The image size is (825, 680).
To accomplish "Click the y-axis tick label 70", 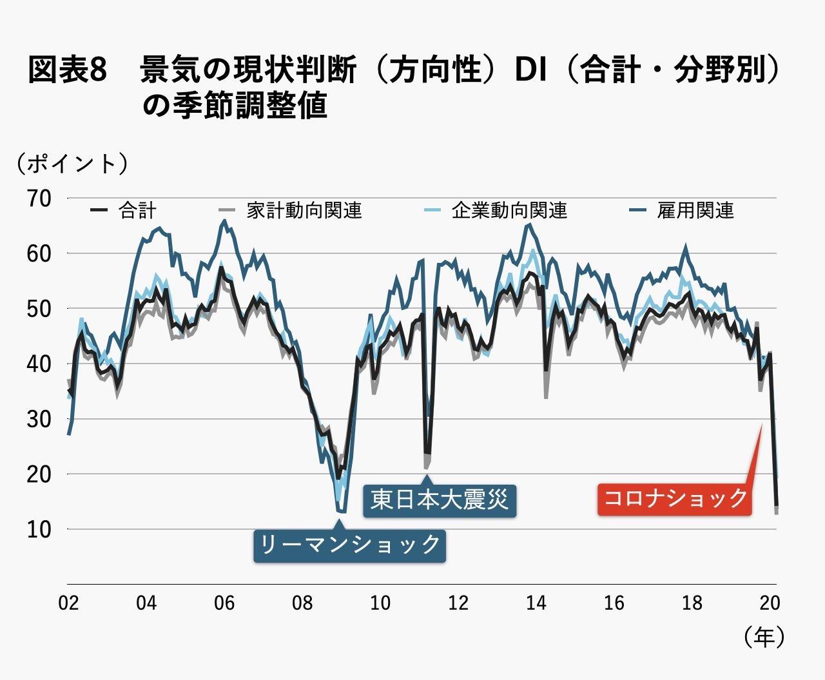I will click(x=39, y=198).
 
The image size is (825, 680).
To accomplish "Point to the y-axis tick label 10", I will click(x=39, y=529).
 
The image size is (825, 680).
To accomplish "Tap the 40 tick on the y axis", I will click(x=39, y=364).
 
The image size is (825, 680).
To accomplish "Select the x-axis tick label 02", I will click(x=68, y=603).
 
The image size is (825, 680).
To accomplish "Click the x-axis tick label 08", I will click(x=302, y=603).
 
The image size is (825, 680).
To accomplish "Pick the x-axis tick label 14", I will click(x=536, y=603).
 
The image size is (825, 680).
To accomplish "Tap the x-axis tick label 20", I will click(x=770, y=603).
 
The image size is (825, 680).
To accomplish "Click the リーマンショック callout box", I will click(x=349, y=545).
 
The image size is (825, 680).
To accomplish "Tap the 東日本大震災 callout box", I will click(x=440, y=500).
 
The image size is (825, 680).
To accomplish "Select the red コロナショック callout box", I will click(x=674, y=498).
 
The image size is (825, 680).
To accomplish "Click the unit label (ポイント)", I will click(x=72, y=164).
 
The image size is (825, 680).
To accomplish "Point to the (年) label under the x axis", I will click(x=764, y=637).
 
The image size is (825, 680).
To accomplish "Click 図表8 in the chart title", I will click(x=66, y=70).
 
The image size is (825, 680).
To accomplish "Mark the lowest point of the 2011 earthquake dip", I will click(x=426, y=465).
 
